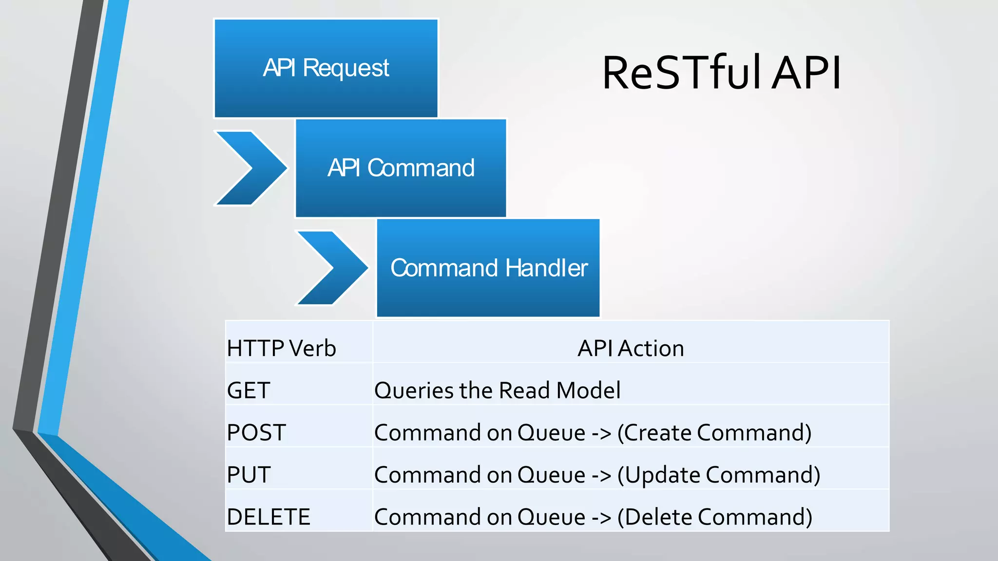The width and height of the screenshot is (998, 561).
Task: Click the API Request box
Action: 326,69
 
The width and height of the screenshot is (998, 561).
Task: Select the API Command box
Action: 401,168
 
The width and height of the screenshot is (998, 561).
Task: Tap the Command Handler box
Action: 488,268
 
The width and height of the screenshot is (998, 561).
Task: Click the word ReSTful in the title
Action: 681,73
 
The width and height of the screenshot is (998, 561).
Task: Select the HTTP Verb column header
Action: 282,348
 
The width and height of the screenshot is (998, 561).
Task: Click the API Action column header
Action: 631,348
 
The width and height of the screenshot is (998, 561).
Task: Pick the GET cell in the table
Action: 249,390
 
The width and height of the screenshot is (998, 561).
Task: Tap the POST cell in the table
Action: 256,432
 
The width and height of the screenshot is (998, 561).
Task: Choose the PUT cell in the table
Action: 249,474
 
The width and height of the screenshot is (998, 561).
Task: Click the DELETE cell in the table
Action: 269,517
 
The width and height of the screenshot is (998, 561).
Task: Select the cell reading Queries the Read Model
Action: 497,390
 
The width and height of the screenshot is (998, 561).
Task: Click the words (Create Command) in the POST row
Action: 714,432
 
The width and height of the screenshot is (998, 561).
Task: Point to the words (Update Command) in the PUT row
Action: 719,475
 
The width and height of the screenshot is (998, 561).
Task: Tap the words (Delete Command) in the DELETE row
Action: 715,517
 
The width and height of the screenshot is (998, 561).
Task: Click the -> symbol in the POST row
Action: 601,433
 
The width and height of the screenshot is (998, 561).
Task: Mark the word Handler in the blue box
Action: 546,268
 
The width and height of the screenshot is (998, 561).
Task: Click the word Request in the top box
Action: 345,68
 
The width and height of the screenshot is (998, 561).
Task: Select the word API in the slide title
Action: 806,73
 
